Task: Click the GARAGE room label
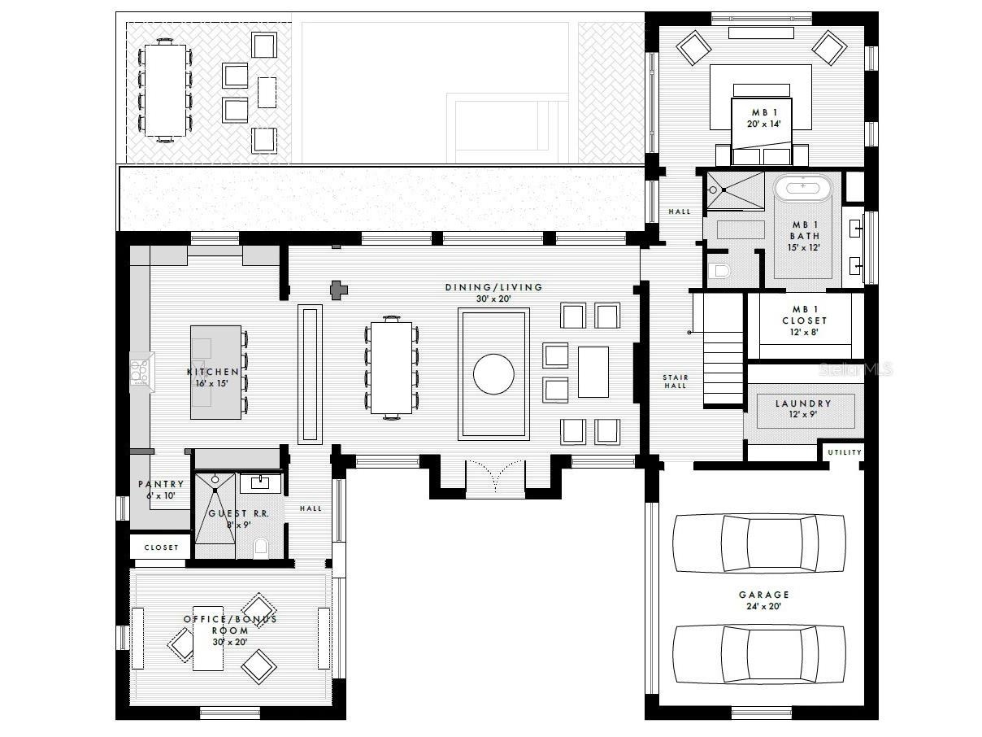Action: pyautogui.click(x=763, y=595)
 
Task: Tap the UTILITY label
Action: pyautogui.click(x=845, y=452)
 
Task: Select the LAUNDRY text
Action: pyautogui.click(x=803, y=403)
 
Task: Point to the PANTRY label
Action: pyautogui.click(x=161, y=484)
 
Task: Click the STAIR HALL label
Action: pyautogui.click(x=676, y=382)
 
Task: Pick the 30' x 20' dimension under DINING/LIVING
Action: pyautogui.click(x=493, y=299)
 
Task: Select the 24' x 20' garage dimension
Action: pyautogui.click(x=763, y=606)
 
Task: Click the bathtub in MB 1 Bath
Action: pyautogui.click(x=803, y=189)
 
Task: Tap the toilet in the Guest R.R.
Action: pyautogui.click(x=261, y=548)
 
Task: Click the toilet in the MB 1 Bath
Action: pyautogui.click(x=719, y=271)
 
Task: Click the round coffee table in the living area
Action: pyautogui.click(x=493, y=374)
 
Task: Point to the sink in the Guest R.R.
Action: pyautogui.click(x=260, y=483)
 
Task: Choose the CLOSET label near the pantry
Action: pyautogui.click(x=161, y=547)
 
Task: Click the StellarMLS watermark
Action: pyautogui.click(x=855, y=369)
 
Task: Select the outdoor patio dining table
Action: pyautogui.click(x=166, y=90)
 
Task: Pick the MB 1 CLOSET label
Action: pyautogui.click(x=805, y=321)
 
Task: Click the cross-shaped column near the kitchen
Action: pyautogui.click(x=339, y=290)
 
